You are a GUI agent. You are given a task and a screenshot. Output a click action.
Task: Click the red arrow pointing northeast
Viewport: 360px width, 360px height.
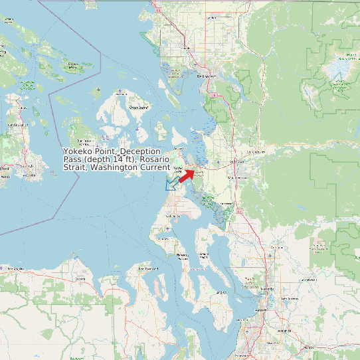click(186, 175)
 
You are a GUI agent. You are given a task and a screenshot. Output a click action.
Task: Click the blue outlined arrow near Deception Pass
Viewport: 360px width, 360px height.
click(171, 184)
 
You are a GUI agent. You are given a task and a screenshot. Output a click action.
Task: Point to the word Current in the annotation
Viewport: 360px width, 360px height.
click(153, 167)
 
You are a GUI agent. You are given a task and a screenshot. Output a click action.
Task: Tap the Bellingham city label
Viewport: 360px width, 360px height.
click(207, 76)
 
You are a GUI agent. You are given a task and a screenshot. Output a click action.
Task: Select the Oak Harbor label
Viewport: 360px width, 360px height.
click(173, 217)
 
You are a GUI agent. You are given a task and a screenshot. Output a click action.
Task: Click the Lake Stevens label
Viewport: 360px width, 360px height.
click(290, 299)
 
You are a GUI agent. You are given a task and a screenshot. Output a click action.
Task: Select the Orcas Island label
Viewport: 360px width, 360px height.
click(137, 106)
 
